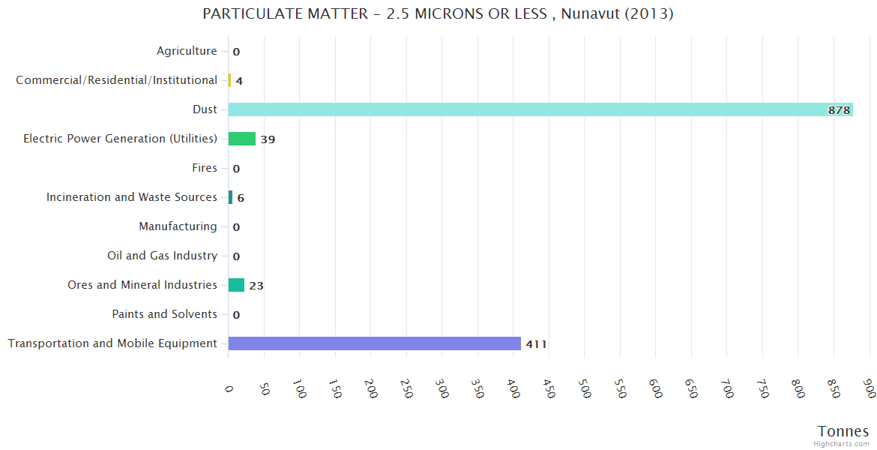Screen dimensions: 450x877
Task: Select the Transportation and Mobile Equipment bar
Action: pyautogui.click(x=374, y=343)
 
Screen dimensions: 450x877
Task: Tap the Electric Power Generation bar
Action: pyautogui.click(x=241, y=139)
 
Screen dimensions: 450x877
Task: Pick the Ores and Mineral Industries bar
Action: pyautogui.click(x=236, y=285)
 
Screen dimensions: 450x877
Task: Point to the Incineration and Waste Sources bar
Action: pyautogui.click(x=230, y=197)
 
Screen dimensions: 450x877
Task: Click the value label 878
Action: pyautogui.click(x=839, y=110)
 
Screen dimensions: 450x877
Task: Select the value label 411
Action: pyautogui.click(x=536, y=344)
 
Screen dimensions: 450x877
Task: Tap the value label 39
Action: pyautogui.click(x=268, y=139)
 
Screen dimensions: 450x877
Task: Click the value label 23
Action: pyautogui.click(x=256, y=286)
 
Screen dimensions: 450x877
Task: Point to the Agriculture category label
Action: pyautogui.click(x=187, y=51)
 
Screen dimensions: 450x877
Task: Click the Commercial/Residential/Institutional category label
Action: pyautogui.click(x=116, y=80)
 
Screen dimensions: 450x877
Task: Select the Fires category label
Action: pyautogui.click(x=205, y=168)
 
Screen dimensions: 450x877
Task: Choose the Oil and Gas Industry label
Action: pyautogui.click(x=162, y=256)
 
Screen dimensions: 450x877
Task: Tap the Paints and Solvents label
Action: pyautogui.click(x=164, y=314)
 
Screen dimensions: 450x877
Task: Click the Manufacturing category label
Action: pyautogui.click(x=178, y=226)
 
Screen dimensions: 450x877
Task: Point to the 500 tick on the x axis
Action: pyautogui.click(x=584, y=390)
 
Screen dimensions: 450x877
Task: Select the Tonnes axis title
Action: pyautogui.click(x=843, y=431)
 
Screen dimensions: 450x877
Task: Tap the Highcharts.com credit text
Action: pyautogui.click(x=842, y=444)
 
